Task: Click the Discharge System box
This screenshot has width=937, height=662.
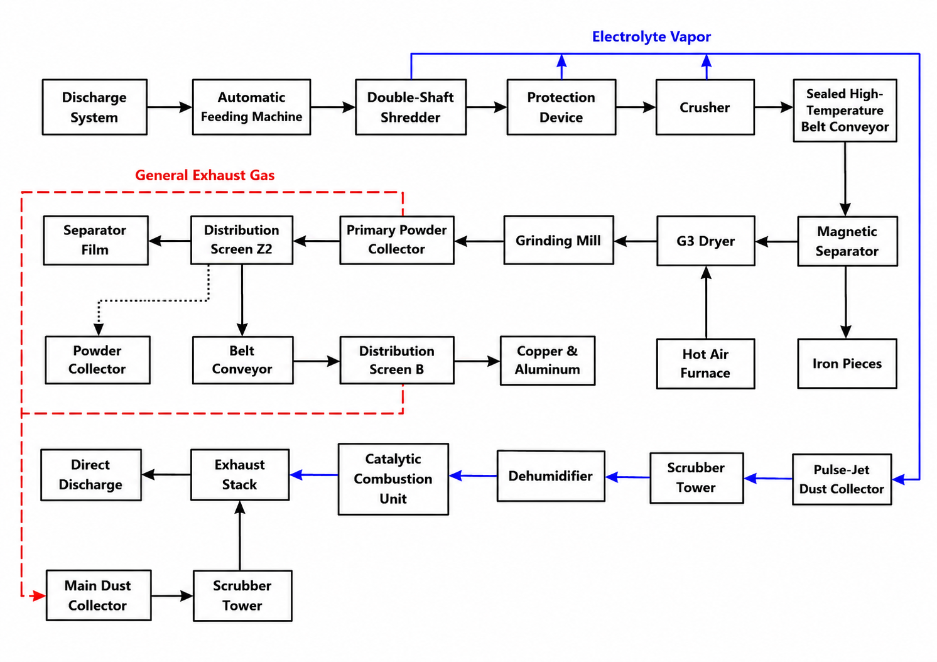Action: click(x=95, y=107)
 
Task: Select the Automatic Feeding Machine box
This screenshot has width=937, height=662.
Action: click(x=251, y=107)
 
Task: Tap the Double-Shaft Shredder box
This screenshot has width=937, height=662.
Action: click(x=411, y=107)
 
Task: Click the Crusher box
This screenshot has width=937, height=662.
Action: click(x=705, y=107)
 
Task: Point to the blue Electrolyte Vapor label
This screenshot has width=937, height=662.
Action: click(x=651, y=37)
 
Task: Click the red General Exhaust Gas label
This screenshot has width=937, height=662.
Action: click(x=205, y=175)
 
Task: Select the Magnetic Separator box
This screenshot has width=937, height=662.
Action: click(x=847, y=241)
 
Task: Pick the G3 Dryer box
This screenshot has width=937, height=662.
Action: click(x=706, y=241)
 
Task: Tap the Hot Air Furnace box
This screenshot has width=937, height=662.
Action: click(x=706, y=364)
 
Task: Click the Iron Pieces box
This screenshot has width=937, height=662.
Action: click(x=847, y=364)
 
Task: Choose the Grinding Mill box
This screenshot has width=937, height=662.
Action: click(x=558, y=240)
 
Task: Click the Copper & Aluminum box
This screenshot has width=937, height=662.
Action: click(x=548, y=361)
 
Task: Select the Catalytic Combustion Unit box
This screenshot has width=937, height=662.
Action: click(x=393, y=479)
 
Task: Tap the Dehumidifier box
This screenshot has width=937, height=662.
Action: click(x=551, y=476)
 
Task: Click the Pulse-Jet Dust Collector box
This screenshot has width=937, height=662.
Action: click(x=842, y=479)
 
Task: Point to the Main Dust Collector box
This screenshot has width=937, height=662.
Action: click(x=99, y=595)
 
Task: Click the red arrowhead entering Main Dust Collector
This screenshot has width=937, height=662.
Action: click(x=38, y=595)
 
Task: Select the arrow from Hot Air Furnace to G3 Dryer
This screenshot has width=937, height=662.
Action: click(x=706, y=302)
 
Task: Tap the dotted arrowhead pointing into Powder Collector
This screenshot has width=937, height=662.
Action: click(x=99, y=329)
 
